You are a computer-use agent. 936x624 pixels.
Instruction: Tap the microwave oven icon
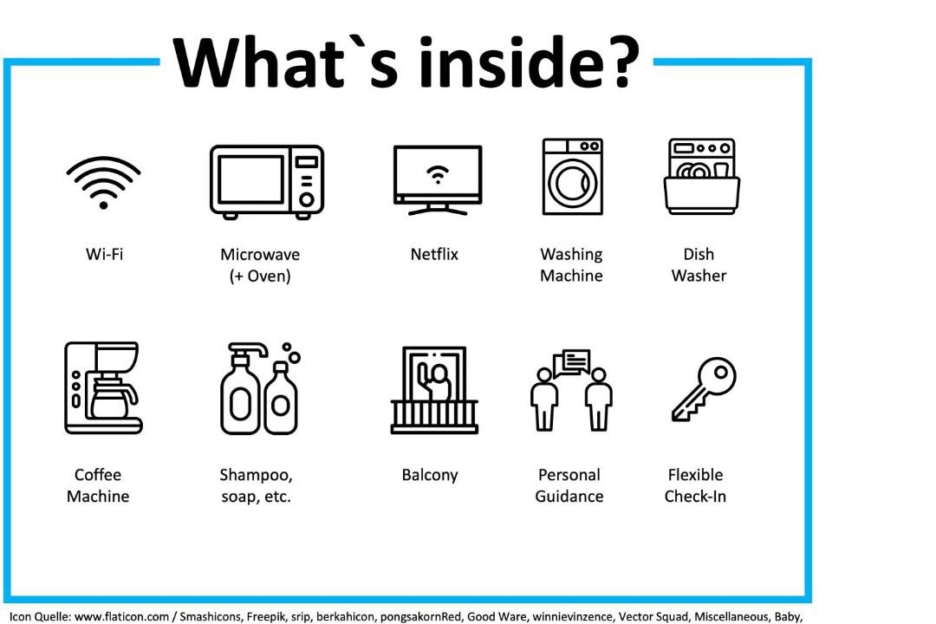click(267, 181)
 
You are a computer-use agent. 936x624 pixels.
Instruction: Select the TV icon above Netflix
click(438, 179)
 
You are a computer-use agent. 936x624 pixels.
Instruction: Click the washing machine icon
click(573, 177)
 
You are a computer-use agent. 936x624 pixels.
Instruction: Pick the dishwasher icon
click(702, 176)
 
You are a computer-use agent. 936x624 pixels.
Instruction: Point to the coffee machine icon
click(103, 387)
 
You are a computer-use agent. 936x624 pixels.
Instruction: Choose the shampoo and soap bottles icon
click(260, 388)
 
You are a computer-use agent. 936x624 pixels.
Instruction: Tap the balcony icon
click(434, 390)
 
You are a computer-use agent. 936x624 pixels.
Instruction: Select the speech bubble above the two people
click(573, 362)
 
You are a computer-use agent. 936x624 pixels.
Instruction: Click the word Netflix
click(434, 255)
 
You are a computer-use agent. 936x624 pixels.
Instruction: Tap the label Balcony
click(430, 475)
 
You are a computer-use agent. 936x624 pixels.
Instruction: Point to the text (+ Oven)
click(260, 276)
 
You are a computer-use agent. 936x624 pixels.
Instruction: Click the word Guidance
click(569, 497)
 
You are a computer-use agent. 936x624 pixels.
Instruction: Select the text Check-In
click(695, 497)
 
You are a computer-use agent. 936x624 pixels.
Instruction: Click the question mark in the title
click(621, 62)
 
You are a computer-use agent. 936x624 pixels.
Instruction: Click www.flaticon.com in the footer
click(122, 617)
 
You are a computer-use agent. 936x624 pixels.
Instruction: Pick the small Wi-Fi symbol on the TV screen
click(438, 174)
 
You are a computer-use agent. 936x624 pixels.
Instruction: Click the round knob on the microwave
click(307, 200)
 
